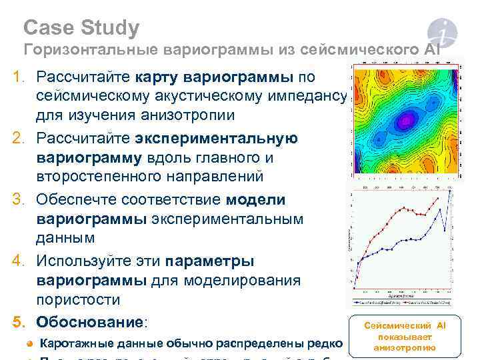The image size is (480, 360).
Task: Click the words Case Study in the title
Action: [x=81, y=28]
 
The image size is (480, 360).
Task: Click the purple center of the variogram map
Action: [x=404, y=121]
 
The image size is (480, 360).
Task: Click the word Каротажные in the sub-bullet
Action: [x=73, y=344]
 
